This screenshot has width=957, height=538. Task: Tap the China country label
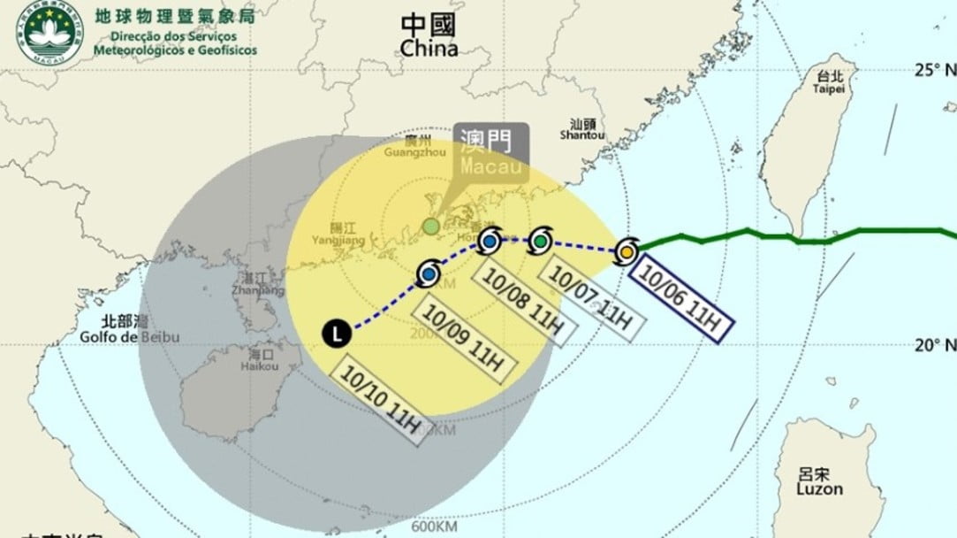[429, 36]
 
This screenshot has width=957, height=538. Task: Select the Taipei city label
[828, 81]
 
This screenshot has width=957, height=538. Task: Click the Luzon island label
[818, 481]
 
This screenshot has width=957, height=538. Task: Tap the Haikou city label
[262, 360]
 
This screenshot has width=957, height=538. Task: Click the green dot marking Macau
[429, 227]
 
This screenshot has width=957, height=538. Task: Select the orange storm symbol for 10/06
[626, 252]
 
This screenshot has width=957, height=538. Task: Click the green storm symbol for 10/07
[540, 240]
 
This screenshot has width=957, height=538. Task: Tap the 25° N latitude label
[935, 70]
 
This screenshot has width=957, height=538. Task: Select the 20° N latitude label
[935, 344]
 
